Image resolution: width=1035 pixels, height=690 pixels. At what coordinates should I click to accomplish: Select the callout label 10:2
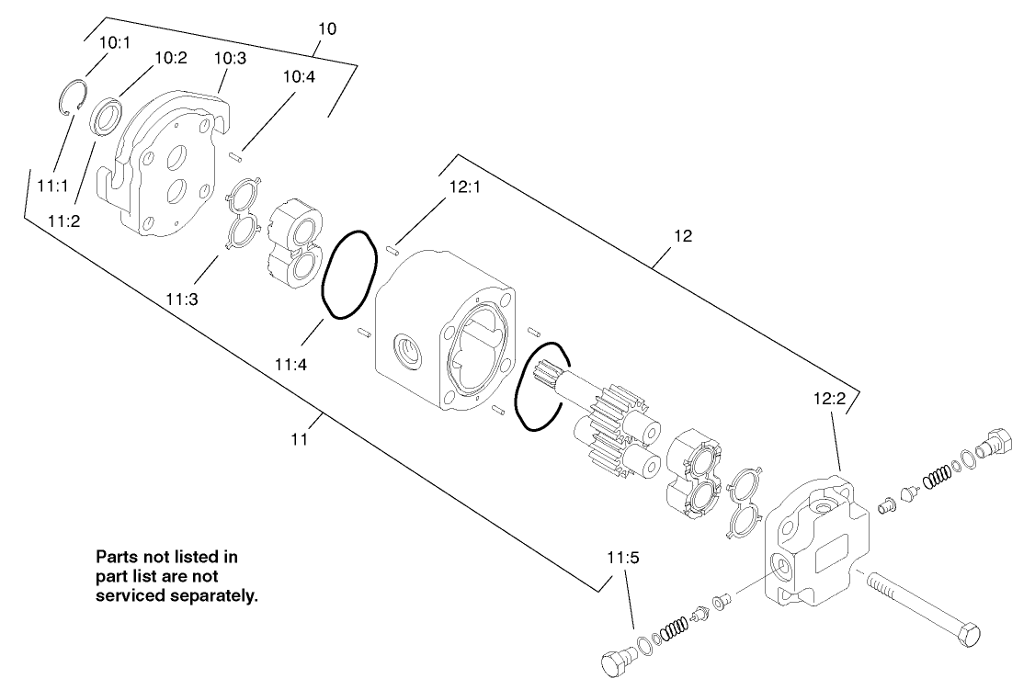click(171, 57)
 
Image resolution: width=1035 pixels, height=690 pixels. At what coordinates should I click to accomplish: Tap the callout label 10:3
click(231, 59)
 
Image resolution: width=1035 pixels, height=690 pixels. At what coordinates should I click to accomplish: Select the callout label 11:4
click(290, 365)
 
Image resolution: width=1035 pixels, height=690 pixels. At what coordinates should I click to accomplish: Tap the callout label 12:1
click(463, 187)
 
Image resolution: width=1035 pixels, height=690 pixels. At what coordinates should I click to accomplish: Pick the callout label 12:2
click(827, 400)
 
